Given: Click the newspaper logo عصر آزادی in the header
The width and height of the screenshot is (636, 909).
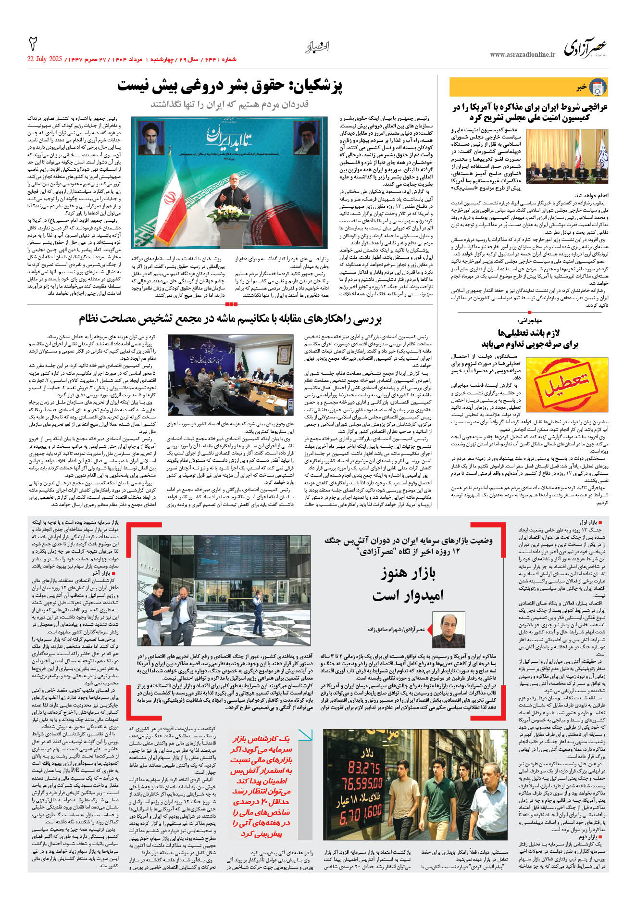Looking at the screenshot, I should point(585,48).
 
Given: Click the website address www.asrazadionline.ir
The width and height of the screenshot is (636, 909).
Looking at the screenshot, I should point(523,55).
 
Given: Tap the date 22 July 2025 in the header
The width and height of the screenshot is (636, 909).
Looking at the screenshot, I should point(45,59).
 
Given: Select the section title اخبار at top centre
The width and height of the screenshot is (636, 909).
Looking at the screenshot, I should point(317,47).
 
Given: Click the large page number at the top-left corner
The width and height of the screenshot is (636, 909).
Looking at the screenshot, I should point(34,43).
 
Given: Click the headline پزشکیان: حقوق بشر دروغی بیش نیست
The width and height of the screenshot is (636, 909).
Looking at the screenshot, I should point(230,87).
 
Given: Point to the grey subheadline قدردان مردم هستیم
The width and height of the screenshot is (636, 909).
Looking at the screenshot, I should point(230,104).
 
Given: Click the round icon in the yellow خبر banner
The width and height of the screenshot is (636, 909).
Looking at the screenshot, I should point(598,87).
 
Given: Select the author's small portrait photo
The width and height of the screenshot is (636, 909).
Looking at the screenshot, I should point(449,630).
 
